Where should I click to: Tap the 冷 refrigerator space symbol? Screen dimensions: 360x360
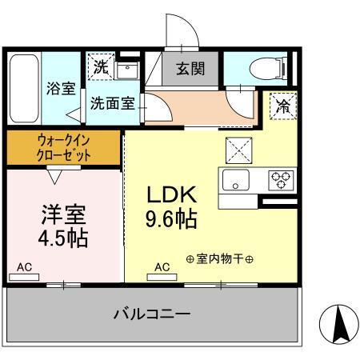pyautogui.click(x=282, y=103)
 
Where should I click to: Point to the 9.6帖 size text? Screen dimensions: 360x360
pyautogui.click(x=171, y=218)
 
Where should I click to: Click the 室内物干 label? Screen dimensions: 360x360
pyautogui.click(x=220, y=259)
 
